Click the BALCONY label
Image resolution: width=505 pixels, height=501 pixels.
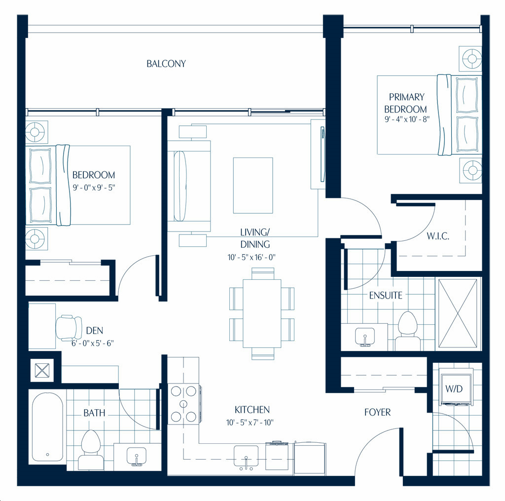166,64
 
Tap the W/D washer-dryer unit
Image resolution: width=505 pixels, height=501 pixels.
456,389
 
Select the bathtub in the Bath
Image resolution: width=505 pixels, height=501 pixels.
48,427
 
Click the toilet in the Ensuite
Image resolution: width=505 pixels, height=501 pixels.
408,330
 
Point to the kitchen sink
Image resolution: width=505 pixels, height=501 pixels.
246,457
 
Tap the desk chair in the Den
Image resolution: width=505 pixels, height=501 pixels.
69,328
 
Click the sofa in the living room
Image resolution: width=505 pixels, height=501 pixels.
189,186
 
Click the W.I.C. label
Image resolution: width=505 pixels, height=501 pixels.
438,236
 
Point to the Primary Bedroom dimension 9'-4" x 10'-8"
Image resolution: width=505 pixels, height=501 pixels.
407,119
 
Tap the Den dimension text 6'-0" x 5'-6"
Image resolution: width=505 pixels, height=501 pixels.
93,343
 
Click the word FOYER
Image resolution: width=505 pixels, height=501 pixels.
377,412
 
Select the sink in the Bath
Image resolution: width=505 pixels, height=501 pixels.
137,457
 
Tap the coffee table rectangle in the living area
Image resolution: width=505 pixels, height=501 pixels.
253,186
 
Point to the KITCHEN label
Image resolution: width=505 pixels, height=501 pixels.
252,410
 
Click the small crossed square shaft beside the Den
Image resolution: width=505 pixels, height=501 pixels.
42,370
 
